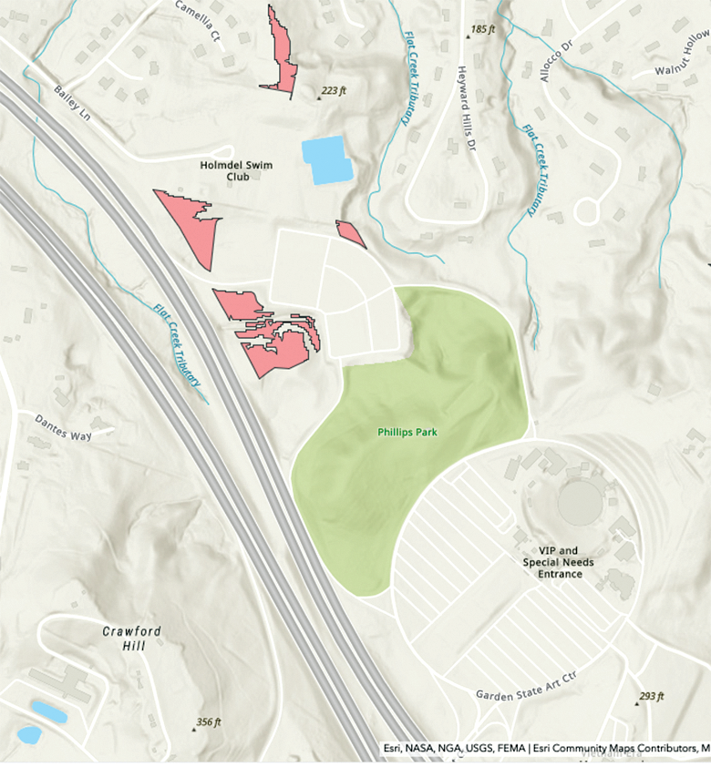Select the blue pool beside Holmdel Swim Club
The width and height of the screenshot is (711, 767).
coord(325,159)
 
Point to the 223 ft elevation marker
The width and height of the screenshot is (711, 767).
coord(333,91)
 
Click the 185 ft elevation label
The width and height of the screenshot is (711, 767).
coord(482,30)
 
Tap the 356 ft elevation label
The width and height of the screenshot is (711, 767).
coord(209,722)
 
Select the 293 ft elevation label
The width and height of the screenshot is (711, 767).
coord(651,697)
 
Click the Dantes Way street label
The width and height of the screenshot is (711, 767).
coord(64,428)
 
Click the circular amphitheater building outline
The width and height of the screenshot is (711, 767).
coord(581,499)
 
